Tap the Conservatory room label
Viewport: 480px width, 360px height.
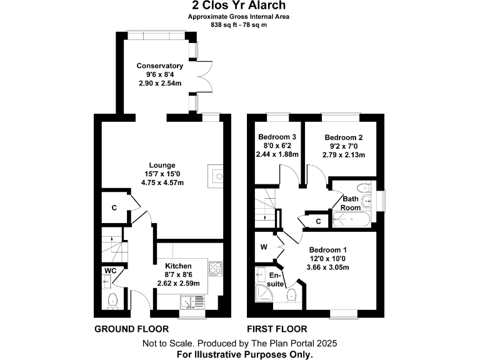(159, 66)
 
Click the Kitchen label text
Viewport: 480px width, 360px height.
(177, 266)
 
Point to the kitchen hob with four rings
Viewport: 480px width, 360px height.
(216, 267)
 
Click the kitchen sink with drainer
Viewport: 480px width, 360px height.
(192, 302)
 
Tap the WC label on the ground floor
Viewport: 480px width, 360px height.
(110, 271)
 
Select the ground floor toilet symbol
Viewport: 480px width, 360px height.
(112, 301)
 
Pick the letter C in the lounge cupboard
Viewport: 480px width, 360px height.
(114, 207)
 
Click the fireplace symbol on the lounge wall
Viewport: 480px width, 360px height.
(219, 176)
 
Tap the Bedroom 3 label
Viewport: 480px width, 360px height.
(277, 137)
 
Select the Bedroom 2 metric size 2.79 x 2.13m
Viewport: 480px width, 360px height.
(343, 154)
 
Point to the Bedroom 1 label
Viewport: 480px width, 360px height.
(329, 249)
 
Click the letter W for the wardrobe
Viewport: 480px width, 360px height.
(264, 247)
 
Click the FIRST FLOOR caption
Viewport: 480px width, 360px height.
(276, 329)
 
